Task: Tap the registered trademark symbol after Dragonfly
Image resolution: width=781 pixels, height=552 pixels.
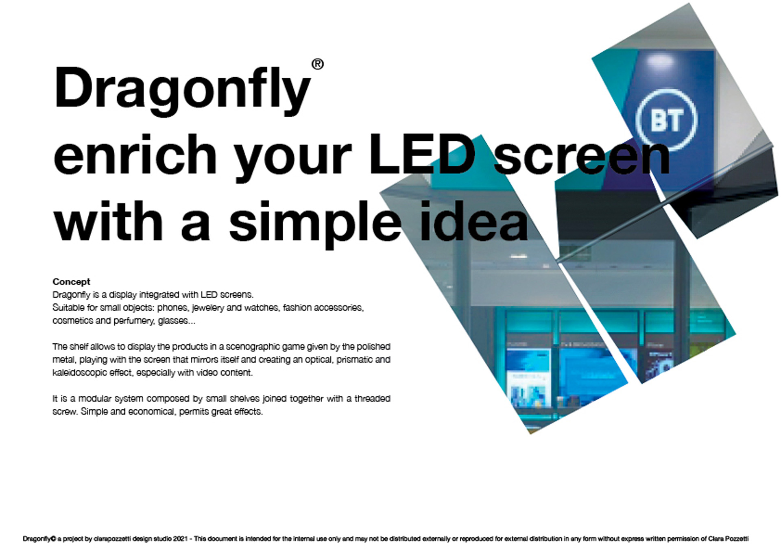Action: (x=318, y=64)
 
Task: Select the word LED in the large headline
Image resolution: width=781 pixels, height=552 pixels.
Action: (x=422, y=155)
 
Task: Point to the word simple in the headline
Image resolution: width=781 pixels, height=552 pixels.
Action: (x=315, y=223)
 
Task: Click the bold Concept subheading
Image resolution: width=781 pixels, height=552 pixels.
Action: (x=71, y=281)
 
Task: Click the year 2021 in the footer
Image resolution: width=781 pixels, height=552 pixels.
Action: (x=180, y=539)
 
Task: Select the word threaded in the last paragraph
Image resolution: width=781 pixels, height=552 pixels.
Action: (x=372, y=399)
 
